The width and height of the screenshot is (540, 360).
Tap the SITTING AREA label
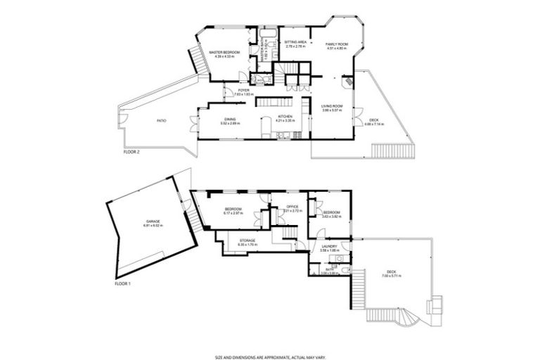pyautogui.click(x=295, y=42)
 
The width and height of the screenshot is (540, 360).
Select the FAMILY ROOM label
pyautogui.click(x=337, y=44)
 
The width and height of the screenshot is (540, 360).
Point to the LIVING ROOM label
pyautogui.click(x=332, y=106)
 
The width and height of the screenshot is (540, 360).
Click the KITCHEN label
pyautogui.click(x=285, y=116)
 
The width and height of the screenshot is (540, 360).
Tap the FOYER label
pyautogui.click(x=243, y=91)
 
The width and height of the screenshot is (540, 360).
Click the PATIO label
pyautogui.click(x=161, y=121)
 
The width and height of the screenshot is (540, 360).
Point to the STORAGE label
pyautogui.click(x=247, y=241)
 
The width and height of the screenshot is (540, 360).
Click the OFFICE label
pyautogui.click(x=292, y=207)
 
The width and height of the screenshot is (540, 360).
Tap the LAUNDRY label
pyautogui.click(x=329, y=247)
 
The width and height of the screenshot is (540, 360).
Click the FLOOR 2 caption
pyautogui.click(x=132, y=151)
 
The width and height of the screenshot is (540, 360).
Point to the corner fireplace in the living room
pyautogui.click(x=345, y=82)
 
